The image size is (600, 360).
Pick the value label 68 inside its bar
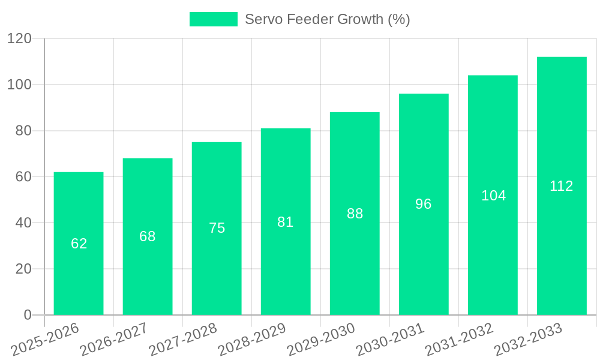click(148, 236)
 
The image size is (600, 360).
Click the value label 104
click(493, 196)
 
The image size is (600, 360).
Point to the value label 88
click(355, 214)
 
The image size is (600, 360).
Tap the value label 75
click(217, 228)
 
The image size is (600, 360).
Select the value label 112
click(562, 186)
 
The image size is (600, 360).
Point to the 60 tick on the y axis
click(23, 177)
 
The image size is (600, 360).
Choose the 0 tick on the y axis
click(28, 315)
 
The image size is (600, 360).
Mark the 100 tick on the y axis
click(19, 85)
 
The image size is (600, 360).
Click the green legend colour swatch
click(213, 19)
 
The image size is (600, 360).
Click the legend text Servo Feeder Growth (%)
click(327, 19)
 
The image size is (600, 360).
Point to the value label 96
click(424, 204)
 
